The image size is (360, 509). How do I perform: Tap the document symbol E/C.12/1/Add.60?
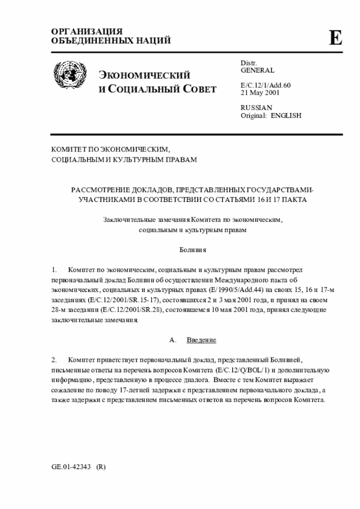tap(265, 85)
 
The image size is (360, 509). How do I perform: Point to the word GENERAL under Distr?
tap(258, 71)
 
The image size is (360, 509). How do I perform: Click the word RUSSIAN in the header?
tap(256, 107)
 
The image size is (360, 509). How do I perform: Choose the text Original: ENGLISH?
tap(271, 115)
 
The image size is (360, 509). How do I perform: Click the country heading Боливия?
tap(193, 249)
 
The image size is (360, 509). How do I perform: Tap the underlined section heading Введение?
tap(201, 341)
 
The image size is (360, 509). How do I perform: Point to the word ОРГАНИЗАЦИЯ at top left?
tap(87, 31)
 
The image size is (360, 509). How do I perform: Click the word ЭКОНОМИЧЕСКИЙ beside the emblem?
tap(145, 76)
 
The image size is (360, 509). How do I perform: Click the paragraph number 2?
tap(54, 359)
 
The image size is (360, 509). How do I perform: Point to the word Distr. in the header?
tap(249, 63)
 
